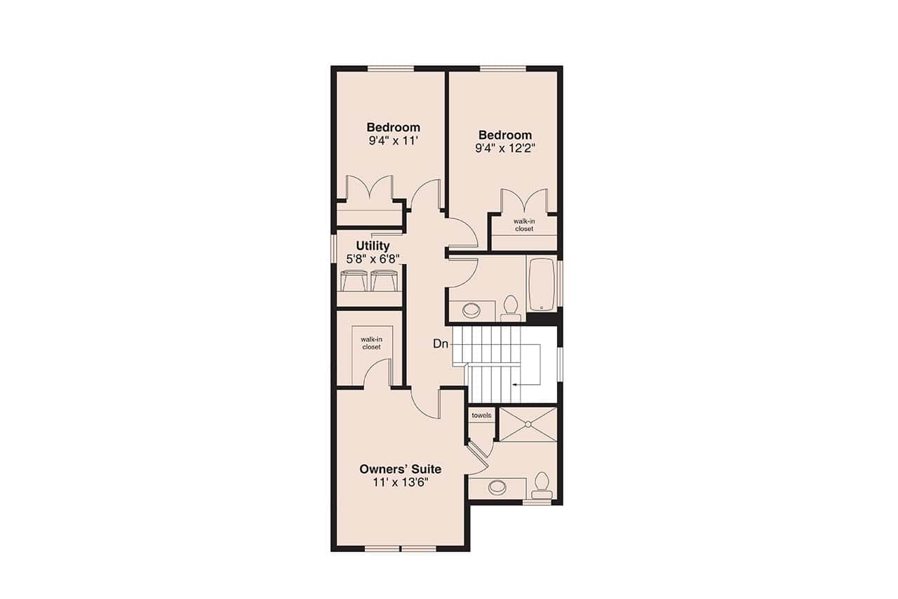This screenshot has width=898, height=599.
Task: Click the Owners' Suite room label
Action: (400, 469)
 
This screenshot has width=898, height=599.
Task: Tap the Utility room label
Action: (373, 246)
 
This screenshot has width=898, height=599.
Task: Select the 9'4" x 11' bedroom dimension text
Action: (393, 140)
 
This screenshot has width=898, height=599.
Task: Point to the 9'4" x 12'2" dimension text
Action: (505, 148)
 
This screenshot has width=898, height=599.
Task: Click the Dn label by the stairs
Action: (441, 344)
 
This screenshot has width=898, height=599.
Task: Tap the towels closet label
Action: (481, 416)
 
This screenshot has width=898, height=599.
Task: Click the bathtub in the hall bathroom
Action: (542, 284)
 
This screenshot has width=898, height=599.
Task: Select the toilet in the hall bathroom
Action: (510, 306)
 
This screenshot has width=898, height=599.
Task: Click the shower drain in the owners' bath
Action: (527, 423)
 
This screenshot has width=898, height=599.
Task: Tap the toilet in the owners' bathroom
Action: (541, 483)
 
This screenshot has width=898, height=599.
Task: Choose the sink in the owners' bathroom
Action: (499, 486)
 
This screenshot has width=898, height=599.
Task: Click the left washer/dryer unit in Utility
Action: (354, 281)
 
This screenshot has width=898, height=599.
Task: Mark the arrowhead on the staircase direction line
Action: (515, 385)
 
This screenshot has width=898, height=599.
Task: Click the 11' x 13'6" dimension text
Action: (400, 482)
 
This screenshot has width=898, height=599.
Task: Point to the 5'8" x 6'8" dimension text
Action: (373, 258)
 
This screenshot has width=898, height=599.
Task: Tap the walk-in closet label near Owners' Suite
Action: (371, 343)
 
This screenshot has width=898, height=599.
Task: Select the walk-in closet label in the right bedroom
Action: (523, 225)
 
